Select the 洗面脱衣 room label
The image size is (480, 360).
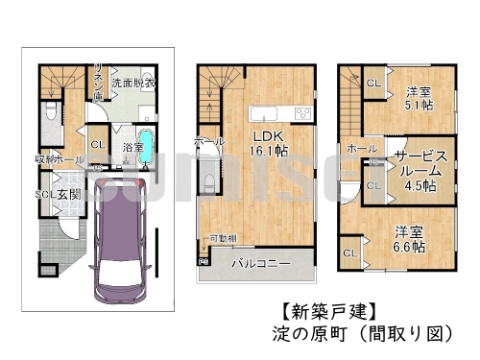pos(128,84)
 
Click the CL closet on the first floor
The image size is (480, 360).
pos(97,146)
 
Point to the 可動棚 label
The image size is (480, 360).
pos(223,237)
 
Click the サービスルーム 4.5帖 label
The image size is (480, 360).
pos(420,170)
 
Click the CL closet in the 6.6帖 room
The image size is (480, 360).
pos(348,252)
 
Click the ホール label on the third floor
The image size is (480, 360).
pos(361,149)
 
